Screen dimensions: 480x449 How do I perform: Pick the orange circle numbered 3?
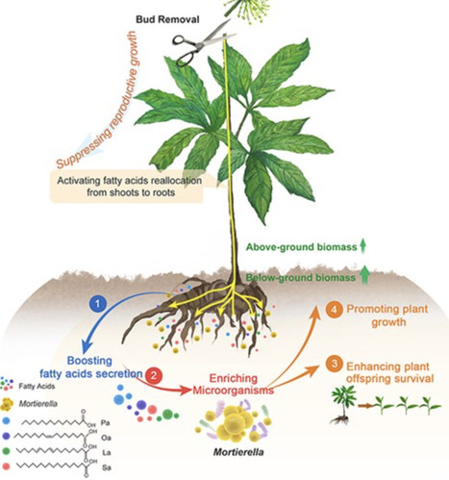click(333, 366)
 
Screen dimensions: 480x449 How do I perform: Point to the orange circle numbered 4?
click(333, 310)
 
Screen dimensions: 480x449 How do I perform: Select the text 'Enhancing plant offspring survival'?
click(394, 372)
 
